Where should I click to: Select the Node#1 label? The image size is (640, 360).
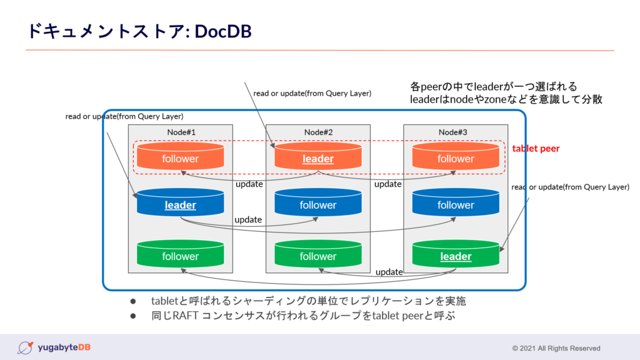pos(181,132)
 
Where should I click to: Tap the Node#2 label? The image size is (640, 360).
pos(318,132)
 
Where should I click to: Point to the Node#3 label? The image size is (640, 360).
pos(456,132)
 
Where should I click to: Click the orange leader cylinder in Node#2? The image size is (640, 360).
pos(318,157)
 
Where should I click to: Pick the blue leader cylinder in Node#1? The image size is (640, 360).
pos(180,203)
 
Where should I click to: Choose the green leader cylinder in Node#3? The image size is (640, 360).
pos(456,254)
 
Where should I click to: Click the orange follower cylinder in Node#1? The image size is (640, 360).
pos(180,157)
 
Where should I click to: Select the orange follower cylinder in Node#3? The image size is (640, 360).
pos(456,157)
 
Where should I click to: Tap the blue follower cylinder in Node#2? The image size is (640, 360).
pos(318,203)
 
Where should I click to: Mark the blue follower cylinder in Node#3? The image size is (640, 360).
pos(456,203)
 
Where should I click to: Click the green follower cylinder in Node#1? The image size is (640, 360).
pos(180,254)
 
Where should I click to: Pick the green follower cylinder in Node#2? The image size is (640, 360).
pos(318,254)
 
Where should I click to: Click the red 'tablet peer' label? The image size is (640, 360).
pos(536,149)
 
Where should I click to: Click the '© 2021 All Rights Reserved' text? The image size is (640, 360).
pos(556,348)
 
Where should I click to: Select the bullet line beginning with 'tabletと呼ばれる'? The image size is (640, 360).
pos(308,301)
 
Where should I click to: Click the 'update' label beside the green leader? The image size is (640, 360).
pos(389,272)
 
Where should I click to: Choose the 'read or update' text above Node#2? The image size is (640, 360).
pos(312,93)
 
